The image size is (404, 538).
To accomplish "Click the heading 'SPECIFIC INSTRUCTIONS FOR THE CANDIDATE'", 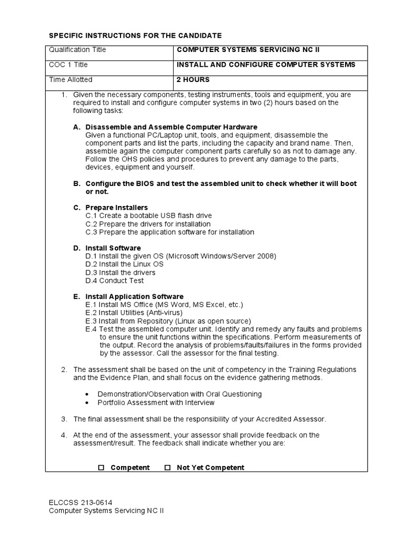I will coord(135,35).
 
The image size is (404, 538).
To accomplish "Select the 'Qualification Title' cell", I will coord(77,50).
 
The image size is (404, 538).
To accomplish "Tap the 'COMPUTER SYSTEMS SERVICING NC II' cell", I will coord(248,50).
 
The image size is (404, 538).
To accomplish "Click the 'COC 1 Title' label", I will coord(68,65).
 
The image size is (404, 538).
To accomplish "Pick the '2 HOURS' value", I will coord(193,80).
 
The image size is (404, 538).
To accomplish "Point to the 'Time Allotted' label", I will coord(70,80).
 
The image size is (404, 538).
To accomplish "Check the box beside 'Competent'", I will coord(102,468).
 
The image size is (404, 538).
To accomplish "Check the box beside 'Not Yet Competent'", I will coord(168,468).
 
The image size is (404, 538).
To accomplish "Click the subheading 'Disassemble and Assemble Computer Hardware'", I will coord(171,127).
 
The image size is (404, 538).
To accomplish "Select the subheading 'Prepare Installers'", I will coord(116,208).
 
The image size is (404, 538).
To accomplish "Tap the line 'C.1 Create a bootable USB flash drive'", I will coord(148,216).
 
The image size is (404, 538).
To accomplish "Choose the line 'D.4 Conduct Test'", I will coord(114,281).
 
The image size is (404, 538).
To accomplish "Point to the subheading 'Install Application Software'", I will coord(134,297).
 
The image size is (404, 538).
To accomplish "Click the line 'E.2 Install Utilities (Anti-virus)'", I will coord(138,313).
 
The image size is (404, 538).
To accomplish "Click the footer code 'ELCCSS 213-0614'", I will coord(80,502).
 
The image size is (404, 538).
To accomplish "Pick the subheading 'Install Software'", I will coord(113,248).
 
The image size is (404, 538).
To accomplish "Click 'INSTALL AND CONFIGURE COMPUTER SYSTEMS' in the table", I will coord(266,65).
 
